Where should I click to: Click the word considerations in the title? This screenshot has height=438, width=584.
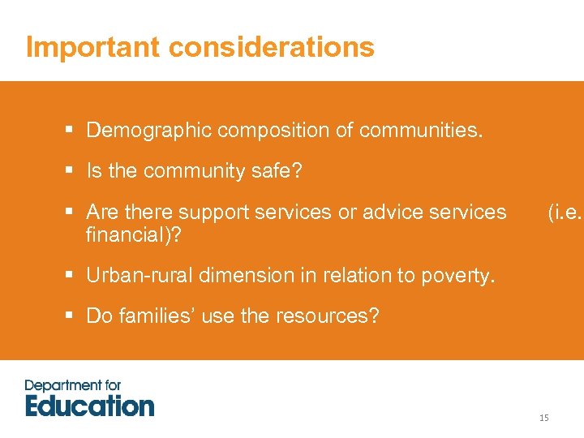click(272, 47)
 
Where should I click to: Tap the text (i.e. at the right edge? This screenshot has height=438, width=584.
click(565, 213)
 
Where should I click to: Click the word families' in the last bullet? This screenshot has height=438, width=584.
click(157, 316)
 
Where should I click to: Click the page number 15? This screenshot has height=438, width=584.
click(543, 418)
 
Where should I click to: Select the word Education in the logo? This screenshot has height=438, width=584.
click(89, 405)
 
